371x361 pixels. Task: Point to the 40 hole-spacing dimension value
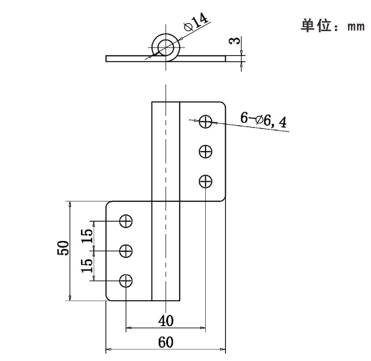pos(165,321)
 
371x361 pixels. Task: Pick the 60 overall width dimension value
pos(165,343)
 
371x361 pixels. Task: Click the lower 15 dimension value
pos(87,265)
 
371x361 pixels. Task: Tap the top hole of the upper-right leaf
pos(205,121)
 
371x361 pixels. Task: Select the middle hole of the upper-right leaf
pos(205,152)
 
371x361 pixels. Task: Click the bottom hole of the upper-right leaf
pos(205,181)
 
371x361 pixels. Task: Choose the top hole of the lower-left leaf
pos(126,221)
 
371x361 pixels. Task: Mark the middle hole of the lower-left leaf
pos(126,251)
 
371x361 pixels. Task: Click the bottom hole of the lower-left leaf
pos(126,281)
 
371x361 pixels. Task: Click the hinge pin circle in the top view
pos(166,47)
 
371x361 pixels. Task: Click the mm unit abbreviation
pos(355,26)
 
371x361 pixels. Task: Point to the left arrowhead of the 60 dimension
pos(108,350)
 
